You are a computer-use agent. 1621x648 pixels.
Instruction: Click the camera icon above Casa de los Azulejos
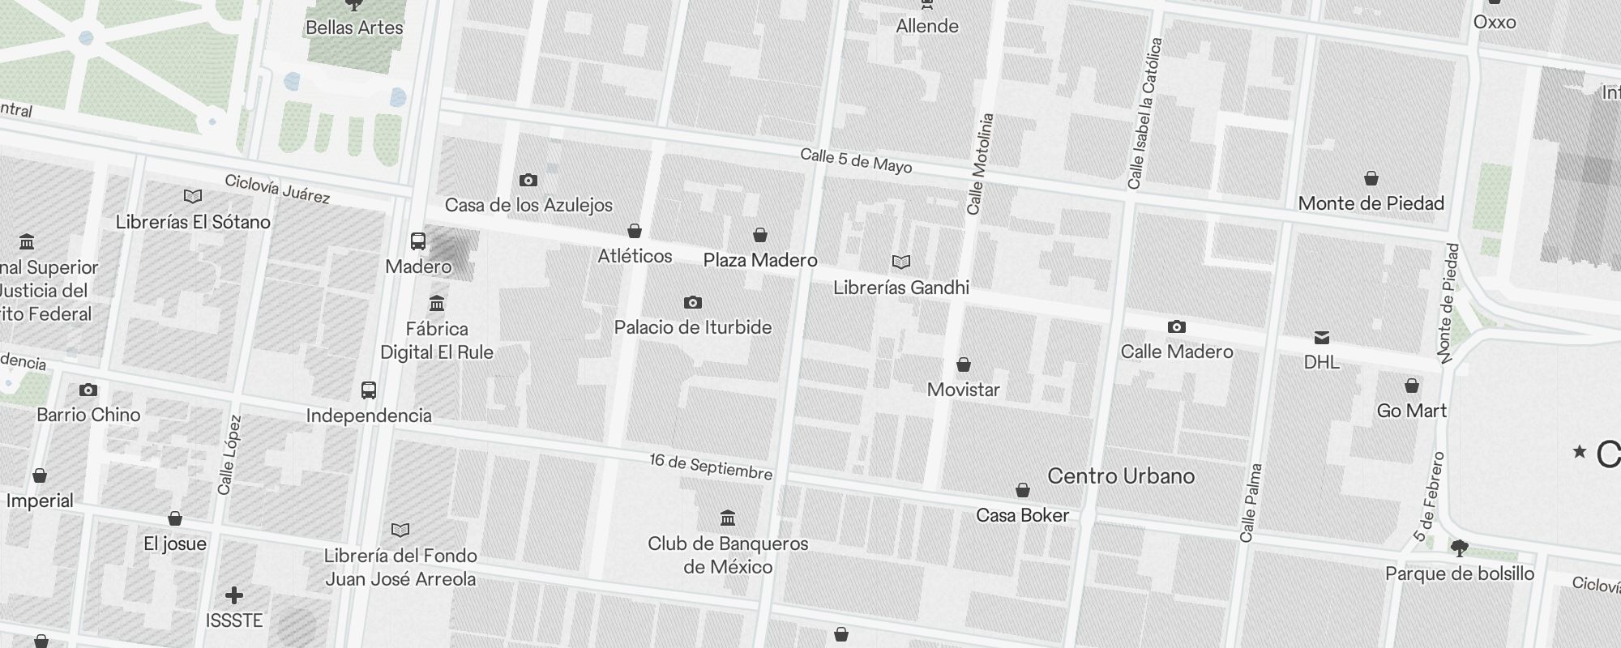tap(528, 180)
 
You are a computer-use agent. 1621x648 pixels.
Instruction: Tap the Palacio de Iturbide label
tap(692, 327)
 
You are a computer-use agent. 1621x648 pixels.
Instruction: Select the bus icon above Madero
tap(418, 241)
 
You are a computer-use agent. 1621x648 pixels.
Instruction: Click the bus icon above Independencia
tap(369, 390)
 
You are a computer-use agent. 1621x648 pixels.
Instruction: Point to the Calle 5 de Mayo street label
tap(856, 160)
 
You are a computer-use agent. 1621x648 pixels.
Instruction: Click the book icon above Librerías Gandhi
tap(901, 262)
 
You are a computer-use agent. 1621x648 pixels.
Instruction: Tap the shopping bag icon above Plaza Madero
tap(760, 235)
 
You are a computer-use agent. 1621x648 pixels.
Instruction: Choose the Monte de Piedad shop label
tap(1371, 203)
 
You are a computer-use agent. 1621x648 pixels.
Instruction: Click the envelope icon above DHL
tap(1322, 337)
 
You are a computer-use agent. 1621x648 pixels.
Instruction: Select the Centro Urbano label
tap(1121, 475)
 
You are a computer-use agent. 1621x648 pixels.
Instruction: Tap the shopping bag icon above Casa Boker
tap(1023, 490)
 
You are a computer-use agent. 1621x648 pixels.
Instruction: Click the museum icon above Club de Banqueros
tap(728, 518)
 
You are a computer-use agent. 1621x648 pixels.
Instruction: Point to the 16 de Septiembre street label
tap(711, 467)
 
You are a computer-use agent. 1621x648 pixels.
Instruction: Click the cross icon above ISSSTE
tap(234, 596)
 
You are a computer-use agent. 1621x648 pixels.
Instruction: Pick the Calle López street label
tap(229, 455)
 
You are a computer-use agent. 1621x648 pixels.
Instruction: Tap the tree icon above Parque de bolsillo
tap(1459, 548)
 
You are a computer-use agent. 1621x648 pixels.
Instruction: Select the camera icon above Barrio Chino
tap(88, 390)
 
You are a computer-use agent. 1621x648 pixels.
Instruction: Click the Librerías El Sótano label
tap(193, 222)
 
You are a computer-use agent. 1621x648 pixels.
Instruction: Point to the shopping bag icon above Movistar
tap(964, 364)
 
